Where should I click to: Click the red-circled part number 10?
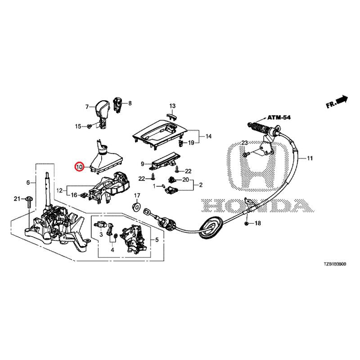79,167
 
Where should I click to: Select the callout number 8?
130,103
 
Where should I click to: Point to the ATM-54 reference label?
279,117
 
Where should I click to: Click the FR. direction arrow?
337,101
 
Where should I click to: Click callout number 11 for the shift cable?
310,158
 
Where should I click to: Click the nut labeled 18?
247,223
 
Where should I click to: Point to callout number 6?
28,183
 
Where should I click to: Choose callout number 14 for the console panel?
208,136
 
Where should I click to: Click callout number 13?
172,106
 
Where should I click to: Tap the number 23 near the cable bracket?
244,143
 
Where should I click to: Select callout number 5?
157,240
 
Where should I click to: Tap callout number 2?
201,184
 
